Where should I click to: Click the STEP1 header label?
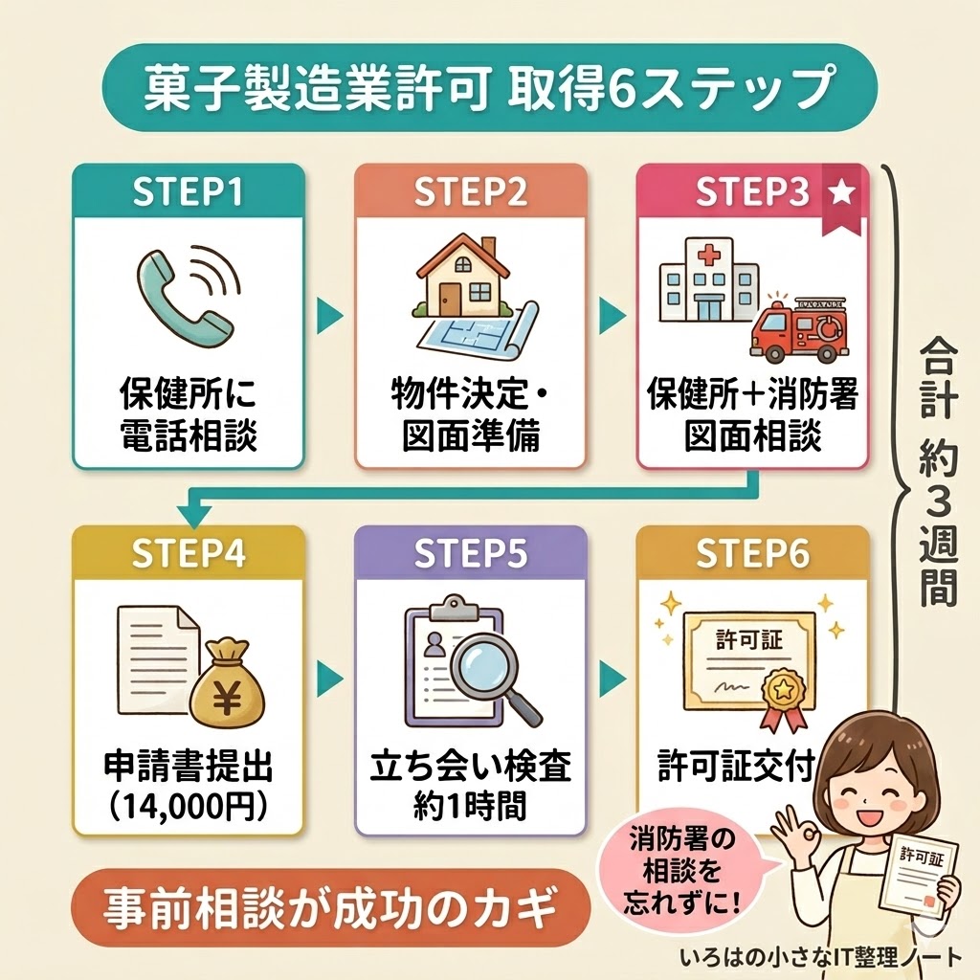(x=188, y=192)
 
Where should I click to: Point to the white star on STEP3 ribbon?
(x=841, y=192)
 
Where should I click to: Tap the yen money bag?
(x=227, y=683)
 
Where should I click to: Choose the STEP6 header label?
(x=752, y=554)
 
